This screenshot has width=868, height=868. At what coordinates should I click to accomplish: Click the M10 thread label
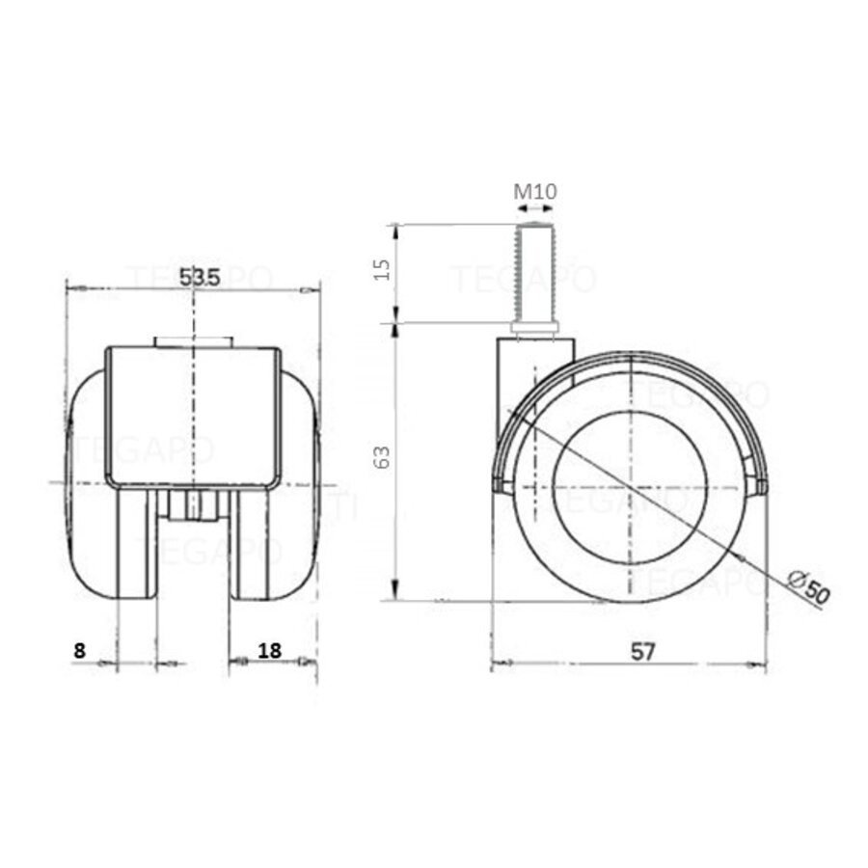533,191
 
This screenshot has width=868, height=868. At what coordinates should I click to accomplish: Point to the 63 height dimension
382,457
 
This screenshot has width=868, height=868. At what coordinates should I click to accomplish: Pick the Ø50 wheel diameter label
808,587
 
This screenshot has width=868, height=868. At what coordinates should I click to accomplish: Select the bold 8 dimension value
79,650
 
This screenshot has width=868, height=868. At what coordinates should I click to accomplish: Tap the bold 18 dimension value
270,650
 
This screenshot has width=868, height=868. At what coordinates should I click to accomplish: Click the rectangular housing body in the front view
193,415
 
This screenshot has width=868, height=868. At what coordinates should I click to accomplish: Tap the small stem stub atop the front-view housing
193,341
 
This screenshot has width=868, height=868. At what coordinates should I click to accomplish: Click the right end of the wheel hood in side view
761,485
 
